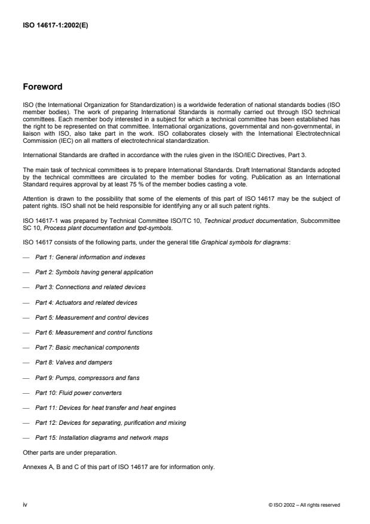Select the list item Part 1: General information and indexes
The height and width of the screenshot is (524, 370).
(90, 256)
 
